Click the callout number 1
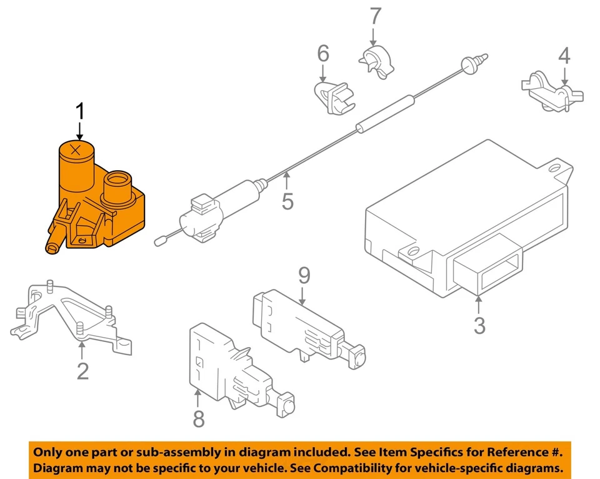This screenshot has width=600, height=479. click(79, 112)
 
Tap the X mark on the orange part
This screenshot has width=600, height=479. click(76, 149)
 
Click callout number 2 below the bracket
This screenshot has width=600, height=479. click(82, 370)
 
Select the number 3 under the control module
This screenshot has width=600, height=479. click(479, 325)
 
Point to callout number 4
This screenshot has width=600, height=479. click(565, 58)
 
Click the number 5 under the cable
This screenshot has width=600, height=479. click(287, 201)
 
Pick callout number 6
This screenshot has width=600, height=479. click(323, 54)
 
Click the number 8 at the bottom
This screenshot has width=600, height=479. click(199, 418)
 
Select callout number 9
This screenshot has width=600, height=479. click(304, 275)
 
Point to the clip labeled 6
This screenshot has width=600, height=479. click(334, 97)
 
